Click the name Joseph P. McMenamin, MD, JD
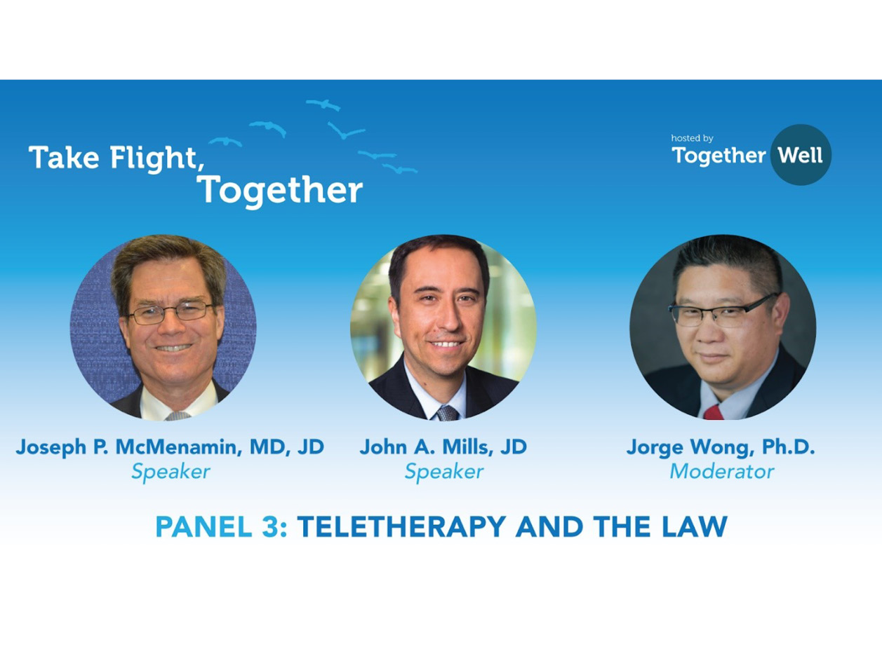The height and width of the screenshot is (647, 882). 170,447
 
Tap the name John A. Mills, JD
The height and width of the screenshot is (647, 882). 443,447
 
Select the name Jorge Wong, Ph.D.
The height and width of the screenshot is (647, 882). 721,448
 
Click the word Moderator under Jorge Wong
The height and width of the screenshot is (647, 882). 722,472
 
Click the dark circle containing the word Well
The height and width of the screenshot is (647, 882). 801,155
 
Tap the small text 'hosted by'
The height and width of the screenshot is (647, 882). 692,138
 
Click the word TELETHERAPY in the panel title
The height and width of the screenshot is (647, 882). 401,526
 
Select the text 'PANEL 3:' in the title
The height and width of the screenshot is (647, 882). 222,526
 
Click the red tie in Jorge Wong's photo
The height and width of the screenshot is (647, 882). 713,412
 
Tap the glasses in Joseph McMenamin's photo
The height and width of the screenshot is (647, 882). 171,313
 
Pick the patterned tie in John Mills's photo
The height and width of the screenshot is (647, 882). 447,414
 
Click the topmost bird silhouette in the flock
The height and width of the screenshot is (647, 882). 323,104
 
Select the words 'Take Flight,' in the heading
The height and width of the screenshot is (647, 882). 116,158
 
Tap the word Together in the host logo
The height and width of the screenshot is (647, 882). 719,156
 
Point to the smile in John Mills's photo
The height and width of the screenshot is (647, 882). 446,345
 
